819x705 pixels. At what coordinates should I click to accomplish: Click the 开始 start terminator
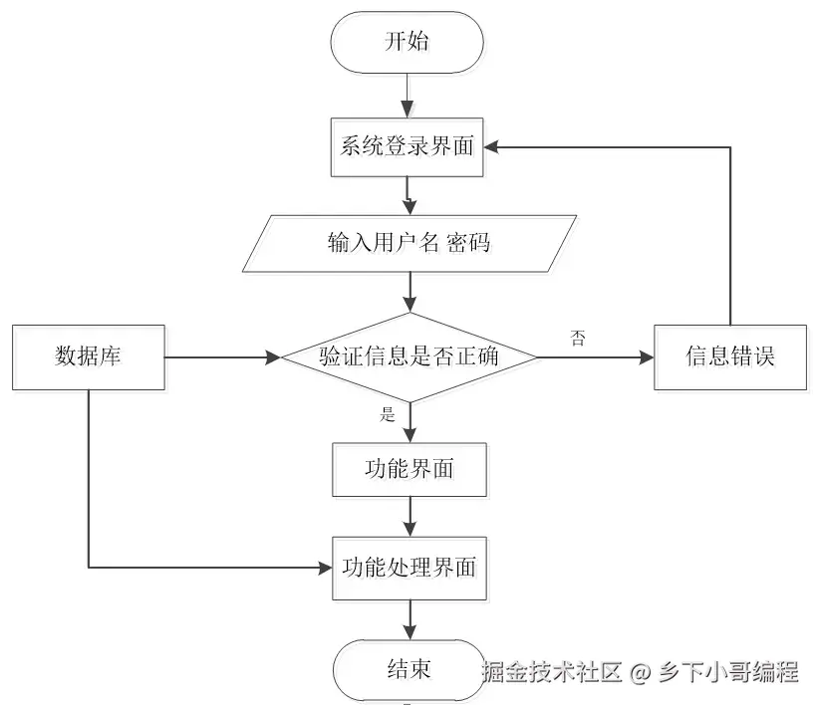click(x=409, y=42)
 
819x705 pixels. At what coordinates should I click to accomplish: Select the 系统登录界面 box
click(x=409, y=147)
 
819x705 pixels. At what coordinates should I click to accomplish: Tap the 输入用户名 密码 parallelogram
click(x=409, y=243)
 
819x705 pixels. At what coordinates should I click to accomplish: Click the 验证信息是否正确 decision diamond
click(x=409, y=356)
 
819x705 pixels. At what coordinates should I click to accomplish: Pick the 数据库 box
click(x=88, y=356)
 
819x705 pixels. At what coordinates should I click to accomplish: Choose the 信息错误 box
click(x=730, y=356)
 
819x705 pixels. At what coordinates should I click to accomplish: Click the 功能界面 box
click(x=409, y=468)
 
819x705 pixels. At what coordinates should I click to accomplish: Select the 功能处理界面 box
click(x=409, y=570)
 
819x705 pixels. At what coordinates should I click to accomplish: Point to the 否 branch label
click(x=577, y=337)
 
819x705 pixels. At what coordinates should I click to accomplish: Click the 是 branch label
click(x=388, y=415)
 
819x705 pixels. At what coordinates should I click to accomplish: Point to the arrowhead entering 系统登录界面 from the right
click(x=495, y=147)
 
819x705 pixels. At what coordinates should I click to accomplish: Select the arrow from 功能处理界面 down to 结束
click(x=409, y=619)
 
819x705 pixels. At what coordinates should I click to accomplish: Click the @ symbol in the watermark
click(x=640, y=672)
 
